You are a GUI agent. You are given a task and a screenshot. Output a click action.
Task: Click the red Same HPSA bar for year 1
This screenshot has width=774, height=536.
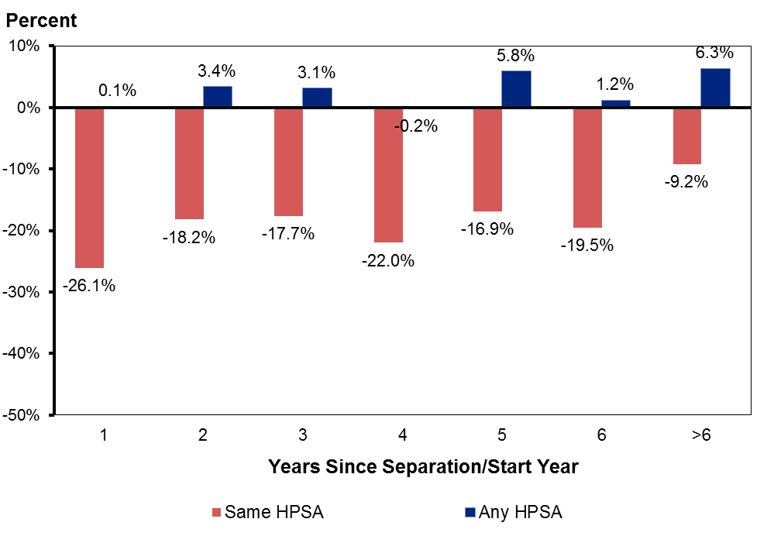pos(89,187)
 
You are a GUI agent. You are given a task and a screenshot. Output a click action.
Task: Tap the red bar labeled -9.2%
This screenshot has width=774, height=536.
pos(687,136)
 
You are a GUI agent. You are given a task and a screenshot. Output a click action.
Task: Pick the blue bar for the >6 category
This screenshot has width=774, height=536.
pos(715,88)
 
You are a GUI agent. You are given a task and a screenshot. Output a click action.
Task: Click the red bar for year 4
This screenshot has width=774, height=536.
pos(388,175)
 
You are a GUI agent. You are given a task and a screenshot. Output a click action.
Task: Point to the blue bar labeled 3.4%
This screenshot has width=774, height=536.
pos(218,97)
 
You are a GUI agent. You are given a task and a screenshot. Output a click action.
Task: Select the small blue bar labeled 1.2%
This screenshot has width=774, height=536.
pos(616,104)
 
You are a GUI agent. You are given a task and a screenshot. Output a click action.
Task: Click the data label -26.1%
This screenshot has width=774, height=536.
pos(89,286)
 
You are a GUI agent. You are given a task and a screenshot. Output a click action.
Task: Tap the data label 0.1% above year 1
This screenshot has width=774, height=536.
pos(117,91)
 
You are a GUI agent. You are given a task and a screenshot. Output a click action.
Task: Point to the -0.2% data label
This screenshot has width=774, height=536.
pos(416,126)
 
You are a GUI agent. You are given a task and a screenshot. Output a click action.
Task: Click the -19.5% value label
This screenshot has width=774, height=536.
pos(587,246)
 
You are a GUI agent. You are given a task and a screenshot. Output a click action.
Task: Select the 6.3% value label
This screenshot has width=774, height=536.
pos(714,53)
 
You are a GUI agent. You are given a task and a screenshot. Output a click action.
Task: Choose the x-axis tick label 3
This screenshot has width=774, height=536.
pos(302,435)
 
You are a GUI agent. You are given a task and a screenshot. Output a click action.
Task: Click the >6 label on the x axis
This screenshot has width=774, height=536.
pos(701,435)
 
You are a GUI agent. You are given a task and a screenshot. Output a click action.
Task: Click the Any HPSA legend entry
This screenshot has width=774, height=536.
pos(512,512)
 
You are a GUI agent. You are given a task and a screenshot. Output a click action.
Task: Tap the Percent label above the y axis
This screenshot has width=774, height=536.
pos(42,21)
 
